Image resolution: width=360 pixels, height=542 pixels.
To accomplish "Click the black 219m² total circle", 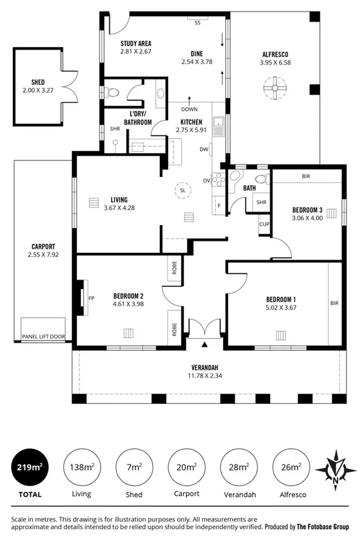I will [29, 467].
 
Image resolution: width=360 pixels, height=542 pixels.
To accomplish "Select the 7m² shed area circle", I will [134, 467].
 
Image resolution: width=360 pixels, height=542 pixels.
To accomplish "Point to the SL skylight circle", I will [182, 191].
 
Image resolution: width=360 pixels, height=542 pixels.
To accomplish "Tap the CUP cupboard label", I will [265, 223].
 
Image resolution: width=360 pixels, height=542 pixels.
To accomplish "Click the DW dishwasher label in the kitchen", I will [203, 149].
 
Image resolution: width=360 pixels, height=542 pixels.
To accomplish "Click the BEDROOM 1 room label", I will [281, 299].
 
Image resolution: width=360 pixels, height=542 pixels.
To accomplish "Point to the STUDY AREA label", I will [131, 42].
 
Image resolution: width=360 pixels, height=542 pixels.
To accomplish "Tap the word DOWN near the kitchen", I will [190, 109].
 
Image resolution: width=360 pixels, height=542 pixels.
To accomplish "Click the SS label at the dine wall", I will [198, 23].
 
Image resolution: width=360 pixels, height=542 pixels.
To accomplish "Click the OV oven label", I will [206, 181].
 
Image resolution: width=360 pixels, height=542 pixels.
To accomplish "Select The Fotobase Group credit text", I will [323, 526].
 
